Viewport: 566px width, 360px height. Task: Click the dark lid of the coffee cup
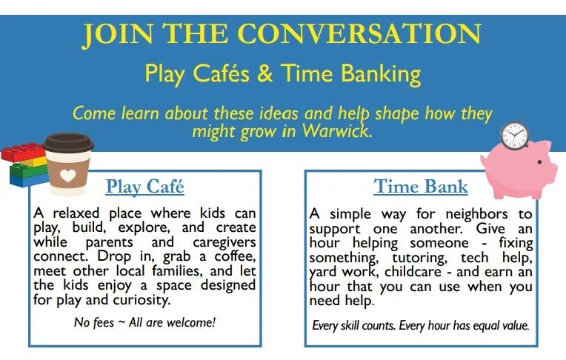click(x=67, y=142)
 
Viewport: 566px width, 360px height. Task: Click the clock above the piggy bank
click(x=514, y=136)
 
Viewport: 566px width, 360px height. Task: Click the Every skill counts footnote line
click(x=421, y=324)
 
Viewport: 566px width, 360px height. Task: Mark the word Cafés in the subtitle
click(x=210, y=74)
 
